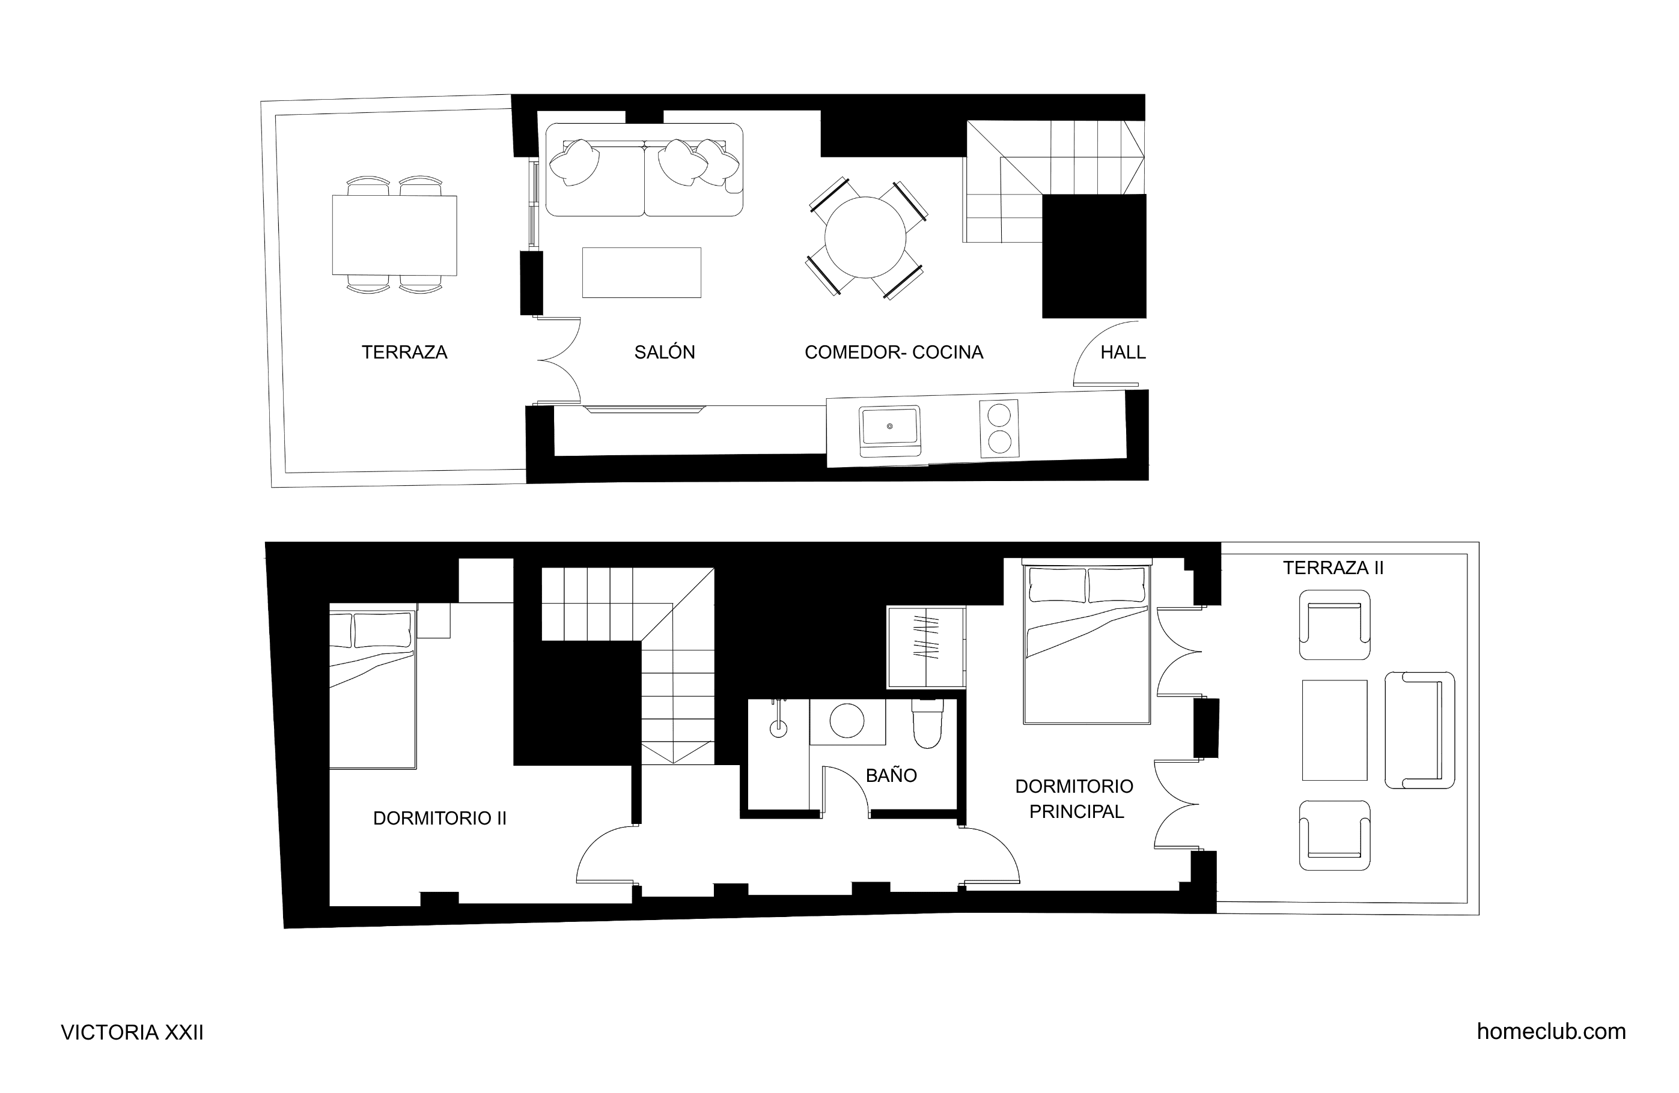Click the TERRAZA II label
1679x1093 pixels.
tap(1333, 568)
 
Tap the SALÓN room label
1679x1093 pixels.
tap(665, 352)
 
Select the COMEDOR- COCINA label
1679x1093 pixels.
tap(894, 352)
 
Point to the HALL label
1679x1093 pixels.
tap(1123, 352)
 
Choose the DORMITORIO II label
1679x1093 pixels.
tap(439, 818)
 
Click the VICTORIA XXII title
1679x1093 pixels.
tap(132, 1032)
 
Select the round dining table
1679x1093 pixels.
tap(865, 238)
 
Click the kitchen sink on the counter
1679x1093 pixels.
tap(889, 428)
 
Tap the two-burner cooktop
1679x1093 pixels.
tap(999, 429)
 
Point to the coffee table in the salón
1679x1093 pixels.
tap(641, 272)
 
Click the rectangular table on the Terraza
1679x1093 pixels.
tap(394, 235)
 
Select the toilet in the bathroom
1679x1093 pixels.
tap(927, 724)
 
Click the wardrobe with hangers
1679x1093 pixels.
tap(926, 647)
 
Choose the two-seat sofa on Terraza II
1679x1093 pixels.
tap(1419, 730)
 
